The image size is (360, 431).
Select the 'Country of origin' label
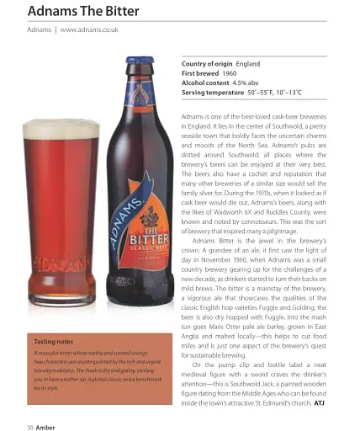pyautogui.click(x=207, y=64)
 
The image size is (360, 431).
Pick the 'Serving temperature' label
pyautogui.click(x=214, y=93)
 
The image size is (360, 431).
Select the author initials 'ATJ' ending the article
pyautogui.click(x=319, y=402)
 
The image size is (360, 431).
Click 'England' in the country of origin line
pyautogui.click(x=248, y=64)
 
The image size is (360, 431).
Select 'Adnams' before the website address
pyautogui.click(x=40, y=30)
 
